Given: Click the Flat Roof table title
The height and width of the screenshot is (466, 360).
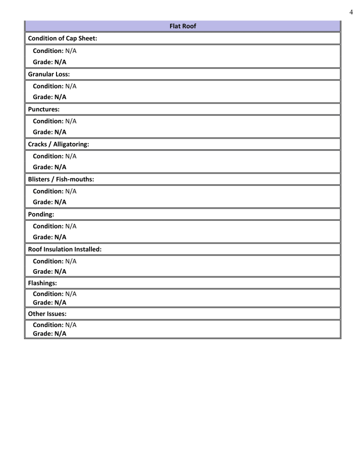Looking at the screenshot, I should (x=182, y=26).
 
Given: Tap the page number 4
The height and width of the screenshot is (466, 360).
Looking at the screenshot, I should (x=351, y=12).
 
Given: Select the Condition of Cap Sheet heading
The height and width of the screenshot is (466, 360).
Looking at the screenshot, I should (x=63, y=38).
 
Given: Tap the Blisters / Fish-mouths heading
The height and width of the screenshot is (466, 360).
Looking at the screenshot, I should (x=61, y=179).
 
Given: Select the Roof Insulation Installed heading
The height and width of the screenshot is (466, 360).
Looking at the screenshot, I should (x=65, y=249).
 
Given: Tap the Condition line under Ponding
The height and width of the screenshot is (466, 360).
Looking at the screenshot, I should (x=54, y=226).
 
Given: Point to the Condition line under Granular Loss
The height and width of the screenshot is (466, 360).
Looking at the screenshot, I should (x=54, y=86).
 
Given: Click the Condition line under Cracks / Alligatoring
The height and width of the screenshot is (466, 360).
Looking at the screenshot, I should (x=54, y=156).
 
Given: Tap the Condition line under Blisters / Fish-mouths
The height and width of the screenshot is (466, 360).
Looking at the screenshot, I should (x=54, y=191).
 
